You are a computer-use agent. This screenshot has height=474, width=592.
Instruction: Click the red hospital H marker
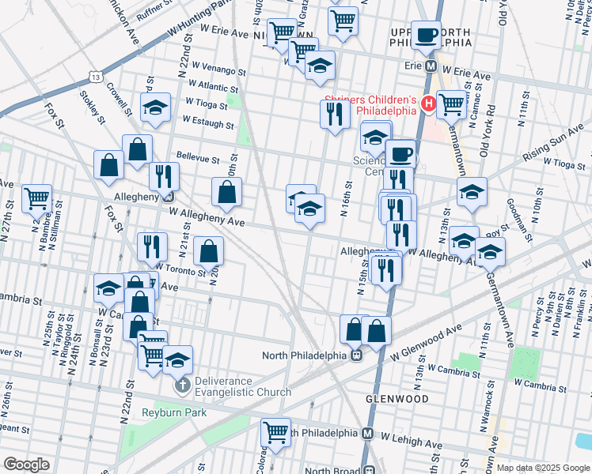pyautogui.click(x=428, y=103)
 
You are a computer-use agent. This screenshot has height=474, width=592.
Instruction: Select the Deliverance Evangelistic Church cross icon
pyautogui.click(x=182, y=386)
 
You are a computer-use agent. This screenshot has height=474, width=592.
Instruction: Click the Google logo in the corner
pyautogui.click(x=25, y=465)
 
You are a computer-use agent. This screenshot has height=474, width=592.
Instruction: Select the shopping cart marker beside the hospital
pyautogui.click(x=451, y=103)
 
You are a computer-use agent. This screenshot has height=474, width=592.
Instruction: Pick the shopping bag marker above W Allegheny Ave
pyautogui.click(x=226, y=191)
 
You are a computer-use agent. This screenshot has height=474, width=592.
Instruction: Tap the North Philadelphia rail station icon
pyautogui.click(x=357, y=355)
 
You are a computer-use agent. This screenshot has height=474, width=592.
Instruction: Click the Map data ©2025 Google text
pyautogui.click(x=543, y=468)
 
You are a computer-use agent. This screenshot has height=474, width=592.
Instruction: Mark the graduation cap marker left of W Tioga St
pyautogui.click(x=155, y=107)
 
